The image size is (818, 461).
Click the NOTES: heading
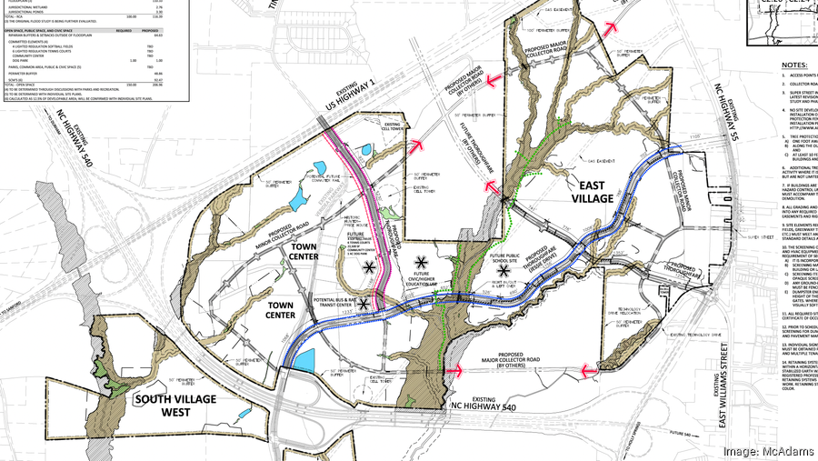click(793, 65)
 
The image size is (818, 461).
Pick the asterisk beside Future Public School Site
click(504, 271)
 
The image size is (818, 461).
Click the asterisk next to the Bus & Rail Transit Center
click(364, 303)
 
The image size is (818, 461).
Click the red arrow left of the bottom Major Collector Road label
click(453, 370)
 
